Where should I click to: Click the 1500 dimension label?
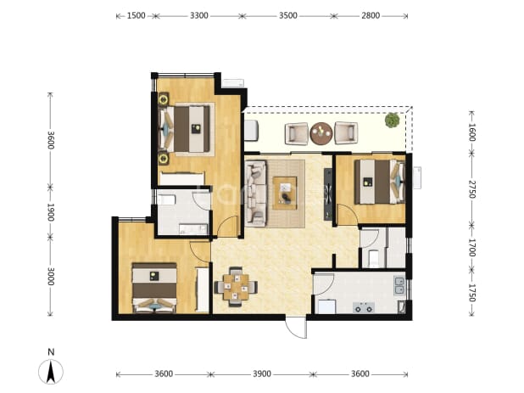click(x=136, y=16)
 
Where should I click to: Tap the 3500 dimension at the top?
click(x=288, y=16)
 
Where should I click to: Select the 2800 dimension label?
click(x=371, y=16)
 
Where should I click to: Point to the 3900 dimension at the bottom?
click(x=262, y=373)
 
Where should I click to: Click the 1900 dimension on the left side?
click(x=51, y=212)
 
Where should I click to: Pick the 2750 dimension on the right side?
click(x=471, y=189)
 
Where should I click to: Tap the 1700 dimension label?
click(x=471, y=248)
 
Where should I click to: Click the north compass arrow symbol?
click(x=51, y=372)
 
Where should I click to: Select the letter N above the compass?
click(x=51, y=352)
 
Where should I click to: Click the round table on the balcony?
click(x=321, y=133)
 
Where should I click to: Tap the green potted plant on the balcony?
click(x=392, y=120)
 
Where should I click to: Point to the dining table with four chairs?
click(x=236, y=287)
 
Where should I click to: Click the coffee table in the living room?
click(x=285, y=194)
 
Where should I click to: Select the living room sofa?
click(x=256, y=194)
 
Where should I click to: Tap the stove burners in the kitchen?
click(x=364, y=307)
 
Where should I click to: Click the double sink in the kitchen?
click(x=399, y=285)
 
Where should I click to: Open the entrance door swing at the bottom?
click(x=296, y=327)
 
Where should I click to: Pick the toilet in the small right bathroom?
click(x=374, y=258)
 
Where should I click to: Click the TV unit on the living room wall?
click(x=328, y=194)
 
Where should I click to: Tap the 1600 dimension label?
click(x=471, y=132)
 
